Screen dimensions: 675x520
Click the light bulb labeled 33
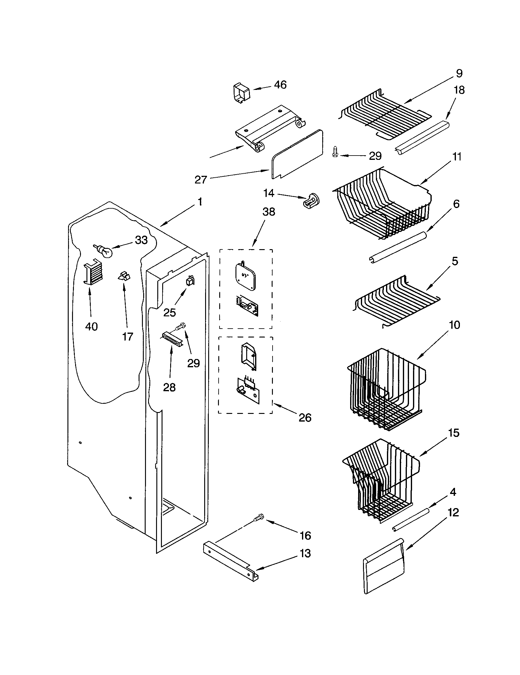point(104,251)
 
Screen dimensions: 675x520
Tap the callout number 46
point(280,84)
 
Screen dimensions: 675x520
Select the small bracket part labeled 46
point(242,92)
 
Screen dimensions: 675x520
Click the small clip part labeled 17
point(124,276)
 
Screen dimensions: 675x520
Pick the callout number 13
point(305,553)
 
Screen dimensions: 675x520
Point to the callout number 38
point(269,212)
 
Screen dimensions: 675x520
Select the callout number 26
point(305,418)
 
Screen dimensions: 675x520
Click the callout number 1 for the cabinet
point(200,202)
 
